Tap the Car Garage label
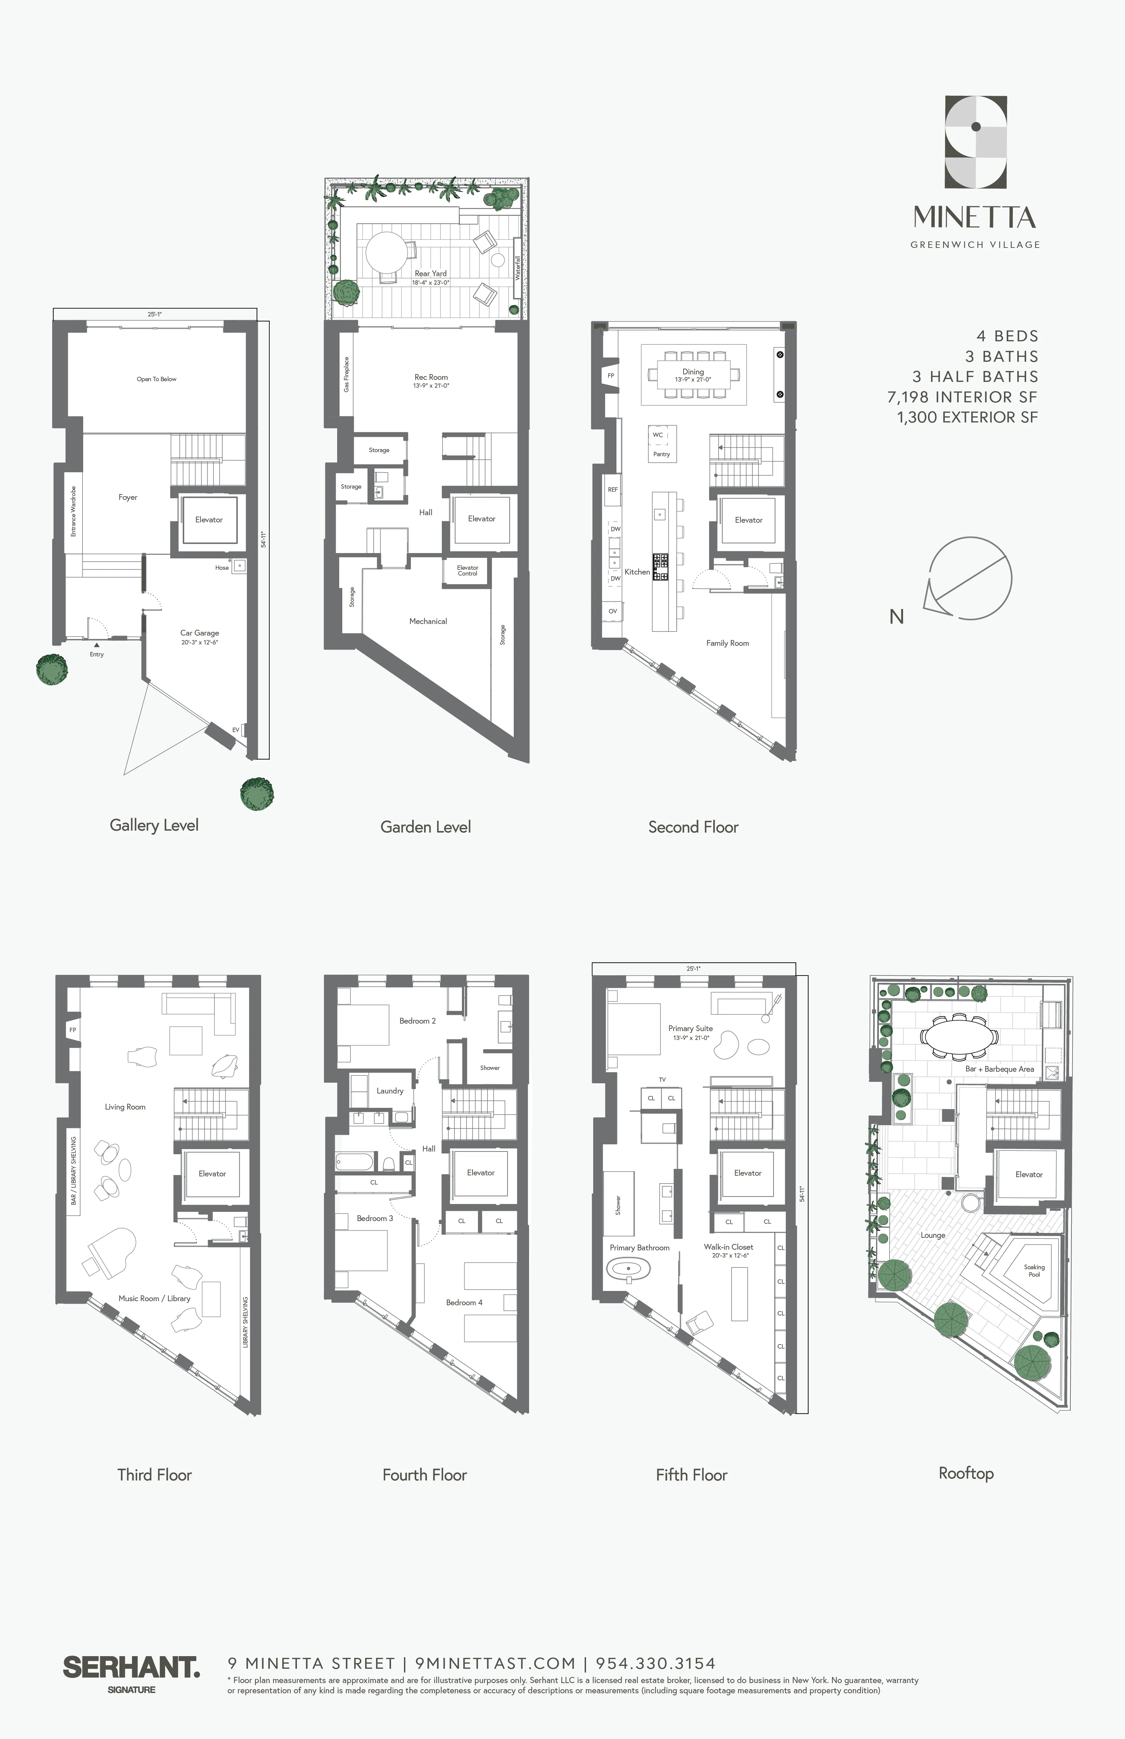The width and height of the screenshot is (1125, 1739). (199, 633)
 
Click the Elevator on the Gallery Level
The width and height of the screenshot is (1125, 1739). (209, 520)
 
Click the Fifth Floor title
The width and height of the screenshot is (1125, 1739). (691, 1474)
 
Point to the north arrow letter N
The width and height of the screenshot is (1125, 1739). (896, 617)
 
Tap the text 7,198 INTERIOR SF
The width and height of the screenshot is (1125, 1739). (962, 397)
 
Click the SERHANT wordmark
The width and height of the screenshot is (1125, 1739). (132, 1667)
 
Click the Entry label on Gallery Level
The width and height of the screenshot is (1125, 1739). (96, 654)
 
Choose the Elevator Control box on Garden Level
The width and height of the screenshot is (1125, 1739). (467, 571)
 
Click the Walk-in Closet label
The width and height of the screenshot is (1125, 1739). (728, 1247)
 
